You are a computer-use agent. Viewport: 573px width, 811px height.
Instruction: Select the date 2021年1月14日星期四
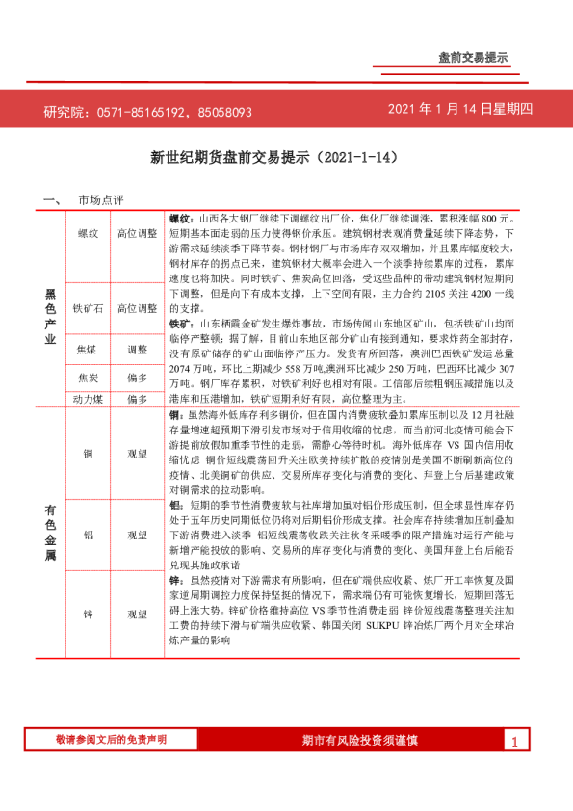point(459,110)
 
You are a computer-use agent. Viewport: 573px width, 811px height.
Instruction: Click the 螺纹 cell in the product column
point(87,234)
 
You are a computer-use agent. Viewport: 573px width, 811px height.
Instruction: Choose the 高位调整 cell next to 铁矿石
point(137,308)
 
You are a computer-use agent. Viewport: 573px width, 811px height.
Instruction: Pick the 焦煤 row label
point(87,350)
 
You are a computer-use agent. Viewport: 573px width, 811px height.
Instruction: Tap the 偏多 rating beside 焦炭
point(137,378)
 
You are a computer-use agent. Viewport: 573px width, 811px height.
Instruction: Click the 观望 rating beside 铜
point(137,451)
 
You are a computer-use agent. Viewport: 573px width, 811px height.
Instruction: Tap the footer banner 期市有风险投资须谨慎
point(359,740)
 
